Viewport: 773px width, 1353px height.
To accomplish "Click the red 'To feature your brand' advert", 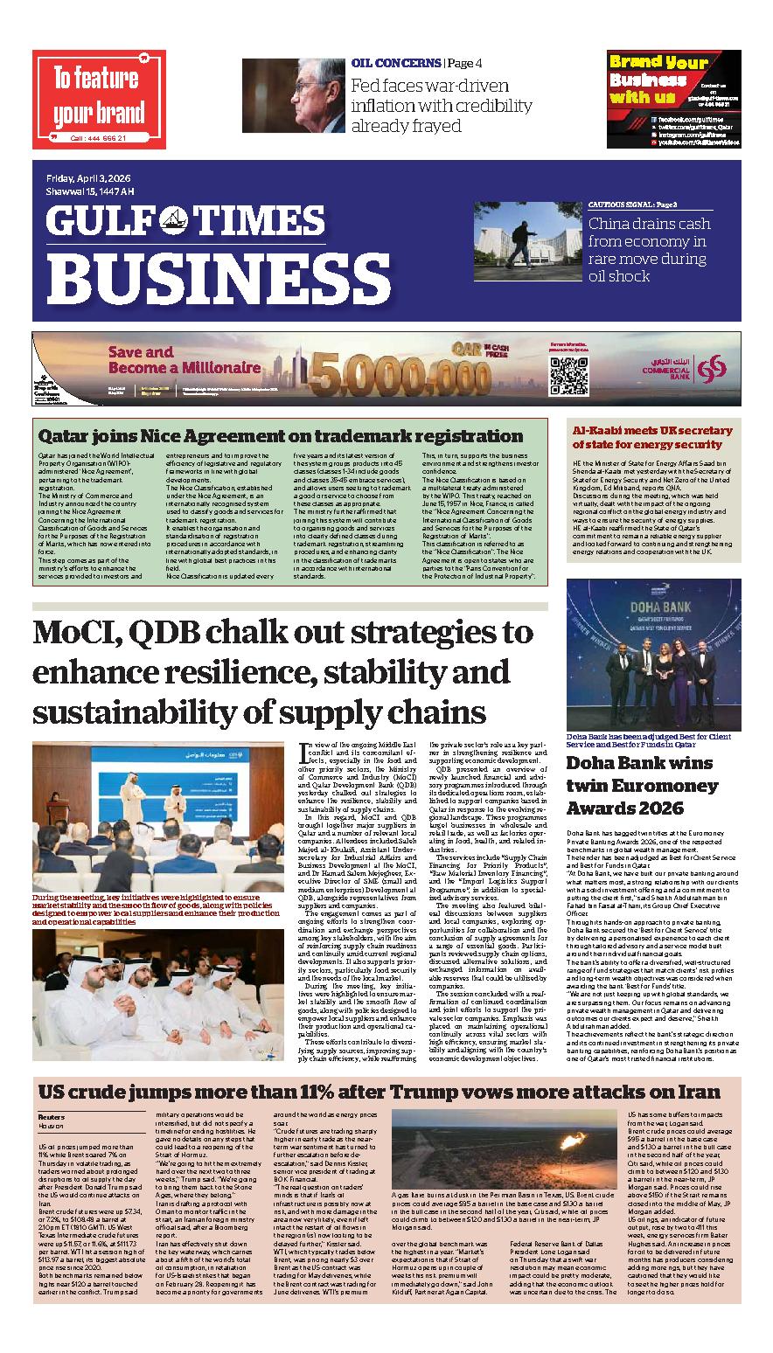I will pyautogui.click(x=99, y=99).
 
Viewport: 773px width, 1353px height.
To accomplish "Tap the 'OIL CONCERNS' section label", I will pyautogui.click(x=395, y=63).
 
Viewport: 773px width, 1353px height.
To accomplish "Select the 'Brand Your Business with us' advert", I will pyautogui.click(x=673, y=98).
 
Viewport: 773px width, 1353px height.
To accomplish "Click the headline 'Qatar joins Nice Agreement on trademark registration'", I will pyautogui.click(x=279, y=434).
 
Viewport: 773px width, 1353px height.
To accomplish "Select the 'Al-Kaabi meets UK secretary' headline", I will pyautogui.click(x=651, y=437).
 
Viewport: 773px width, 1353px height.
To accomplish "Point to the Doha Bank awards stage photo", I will pyautogui.click(x=653, y=655).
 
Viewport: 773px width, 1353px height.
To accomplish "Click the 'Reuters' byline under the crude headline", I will pyautogui.click(x=52, y=1117).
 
